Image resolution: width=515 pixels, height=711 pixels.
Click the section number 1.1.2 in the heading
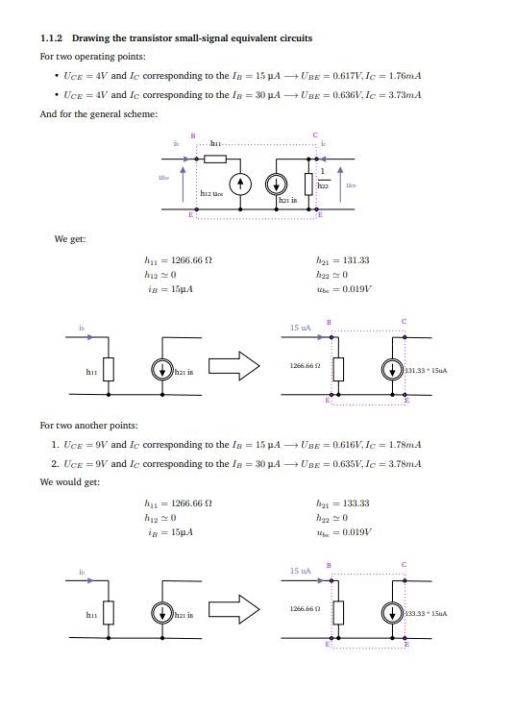(51, 38)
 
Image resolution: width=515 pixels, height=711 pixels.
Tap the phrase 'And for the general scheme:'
(98, 114)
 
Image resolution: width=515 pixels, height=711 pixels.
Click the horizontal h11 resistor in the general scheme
(214, 159)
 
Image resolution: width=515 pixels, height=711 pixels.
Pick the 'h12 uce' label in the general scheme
(212, 194)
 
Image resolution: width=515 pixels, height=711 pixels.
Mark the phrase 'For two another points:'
(88, 425)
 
